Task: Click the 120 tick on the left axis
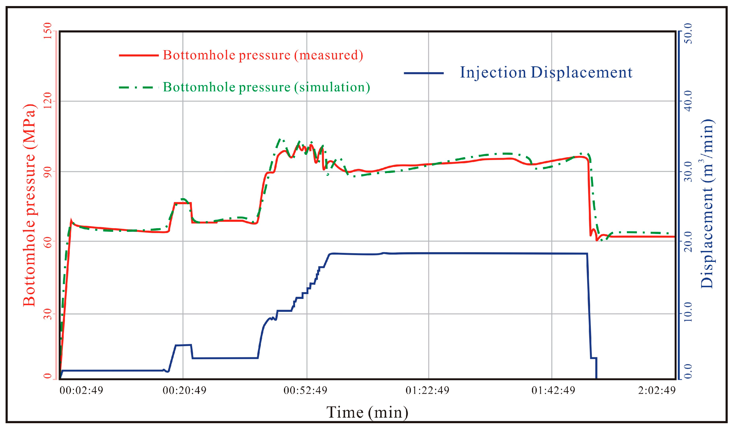[x=47, y=101]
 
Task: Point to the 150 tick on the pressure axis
[x=47, y=31]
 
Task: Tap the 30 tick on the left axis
[x=47, y=314]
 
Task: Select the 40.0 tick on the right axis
[x=688, y=101]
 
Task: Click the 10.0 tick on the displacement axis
[x=688, y=314]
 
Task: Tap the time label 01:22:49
[x=427, y=390]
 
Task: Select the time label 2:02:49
[x=656, y=390]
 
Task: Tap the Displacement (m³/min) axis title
[x=707, y=204]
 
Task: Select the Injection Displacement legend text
[x=546, y=72]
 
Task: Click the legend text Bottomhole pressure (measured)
[x=263, y=55]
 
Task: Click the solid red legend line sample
[x=139, y=55]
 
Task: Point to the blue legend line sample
[x=423, y=73]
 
